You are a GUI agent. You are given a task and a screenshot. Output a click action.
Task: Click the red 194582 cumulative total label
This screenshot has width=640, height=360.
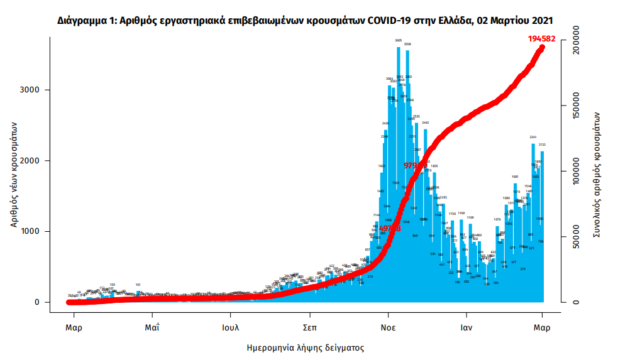pyautogui.click(x=545, y=38)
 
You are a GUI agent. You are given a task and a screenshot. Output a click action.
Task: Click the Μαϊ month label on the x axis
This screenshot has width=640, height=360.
pyautogui.click(x=152, y=327)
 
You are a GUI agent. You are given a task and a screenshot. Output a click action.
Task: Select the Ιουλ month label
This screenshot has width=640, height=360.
pyautogui.click(x=230, y=327)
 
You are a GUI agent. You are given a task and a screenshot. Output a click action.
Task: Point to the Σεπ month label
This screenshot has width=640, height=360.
pyautogui.click(x=309, y=327)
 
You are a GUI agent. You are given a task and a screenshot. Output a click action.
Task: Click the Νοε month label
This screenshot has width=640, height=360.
pyautogui.click(x=388, y=327)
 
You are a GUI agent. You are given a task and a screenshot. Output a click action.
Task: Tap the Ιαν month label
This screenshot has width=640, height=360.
pyautogui.click(x=466, y=327)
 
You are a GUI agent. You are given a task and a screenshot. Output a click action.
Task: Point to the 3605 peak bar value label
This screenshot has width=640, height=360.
pyautogui.click(x=399, y=40)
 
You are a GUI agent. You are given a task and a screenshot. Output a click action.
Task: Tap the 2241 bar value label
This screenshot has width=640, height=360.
pyautogui.click(x=533, y=137)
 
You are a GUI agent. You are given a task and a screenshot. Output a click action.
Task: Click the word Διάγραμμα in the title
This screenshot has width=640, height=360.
pyautogui.click(x=82, y=20)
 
